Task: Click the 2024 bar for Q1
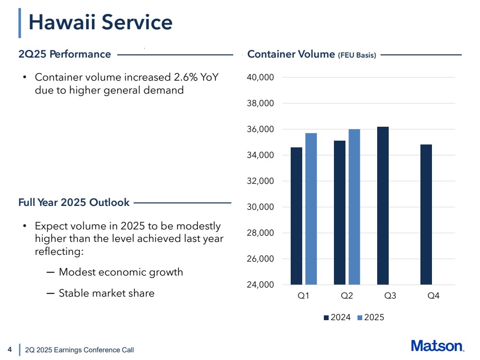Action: tap(296, 216)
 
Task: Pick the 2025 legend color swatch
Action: tap(361, 318)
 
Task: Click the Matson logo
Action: tap(437, 346)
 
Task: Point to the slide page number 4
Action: tap(10, 349)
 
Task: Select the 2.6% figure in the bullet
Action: tap(179, 78)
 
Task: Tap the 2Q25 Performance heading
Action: tap(64, 54)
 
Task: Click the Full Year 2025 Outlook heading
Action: tap(74, 203)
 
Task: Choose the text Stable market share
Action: tap(106, 293)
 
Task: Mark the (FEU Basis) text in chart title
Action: tap(357, 55)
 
